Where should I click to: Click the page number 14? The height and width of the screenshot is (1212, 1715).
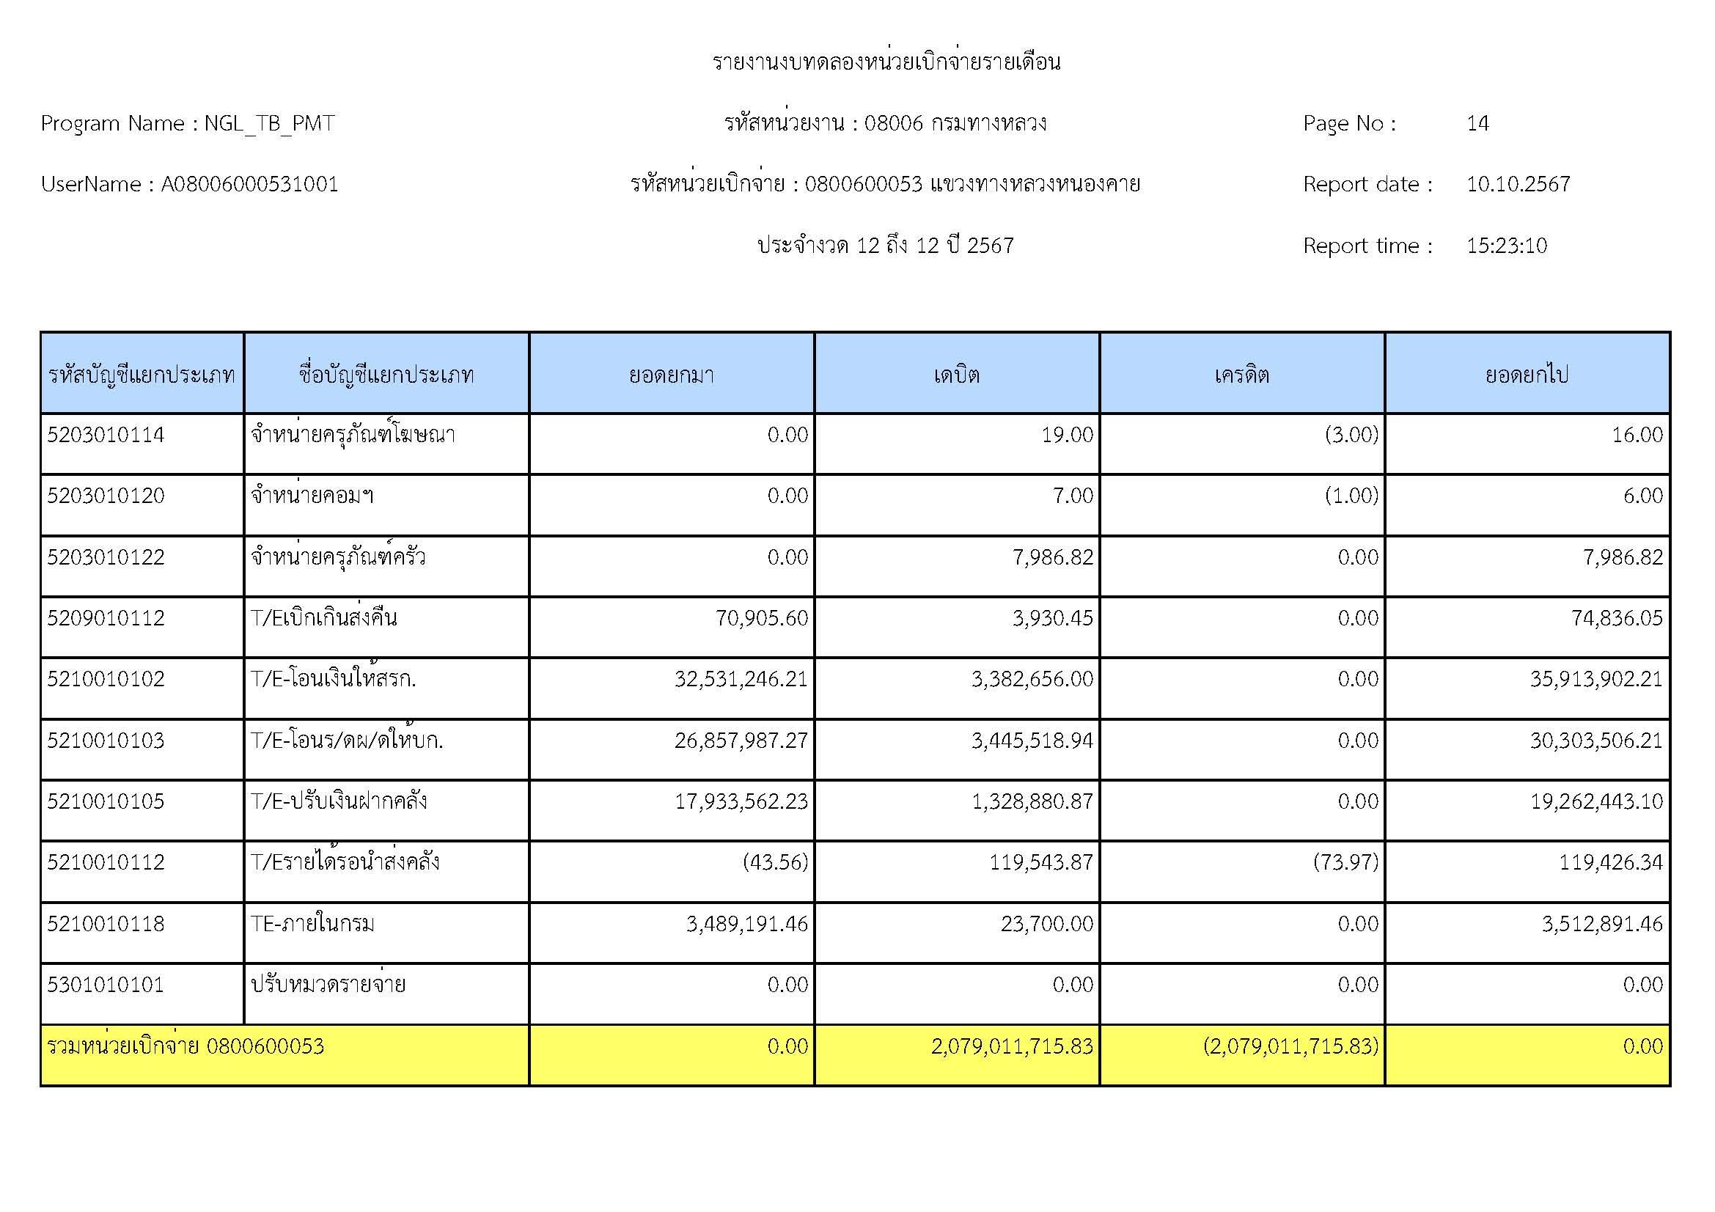point(1477,123)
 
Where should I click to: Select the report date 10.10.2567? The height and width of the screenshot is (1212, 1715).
point(1518,185)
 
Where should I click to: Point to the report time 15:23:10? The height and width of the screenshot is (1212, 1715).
point(1506,246)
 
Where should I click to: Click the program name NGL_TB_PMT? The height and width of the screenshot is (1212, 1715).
point(269,123)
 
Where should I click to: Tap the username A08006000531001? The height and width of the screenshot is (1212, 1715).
point(249,185)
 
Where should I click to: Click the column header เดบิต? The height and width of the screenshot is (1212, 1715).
point(956,374)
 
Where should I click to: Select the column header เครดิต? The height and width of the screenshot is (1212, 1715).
point(1241,374)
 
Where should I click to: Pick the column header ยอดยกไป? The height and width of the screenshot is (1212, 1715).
point(1527,374)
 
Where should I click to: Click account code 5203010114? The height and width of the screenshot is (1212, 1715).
point(106,435)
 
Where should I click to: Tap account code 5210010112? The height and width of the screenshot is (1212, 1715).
point(106,862)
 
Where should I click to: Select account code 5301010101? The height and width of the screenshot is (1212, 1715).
point(106,985)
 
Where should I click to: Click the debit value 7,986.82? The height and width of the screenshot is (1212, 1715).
point(1052,557)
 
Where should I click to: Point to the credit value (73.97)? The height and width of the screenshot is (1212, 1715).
point(1345,862)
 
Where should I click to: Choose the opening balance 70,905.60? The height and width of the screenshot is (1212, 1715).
point(761,618)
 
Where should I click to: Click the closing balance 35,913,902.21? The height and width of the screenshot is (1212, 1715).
point(1596,679)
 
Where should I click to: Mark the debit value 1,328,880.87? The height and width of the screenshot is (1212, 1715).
point(1032,801)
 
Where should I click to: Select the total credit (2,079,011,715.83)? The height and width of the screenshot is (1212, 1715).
point(1290,1046)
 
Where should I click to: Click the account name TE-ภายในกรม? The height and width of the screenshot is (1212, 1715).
point(312,924)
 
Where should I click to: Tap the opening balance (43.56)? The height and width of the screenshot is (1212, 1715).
point(774,862)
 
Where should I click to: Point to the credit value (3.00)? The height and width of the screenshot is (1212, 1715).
point(1351,435)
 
